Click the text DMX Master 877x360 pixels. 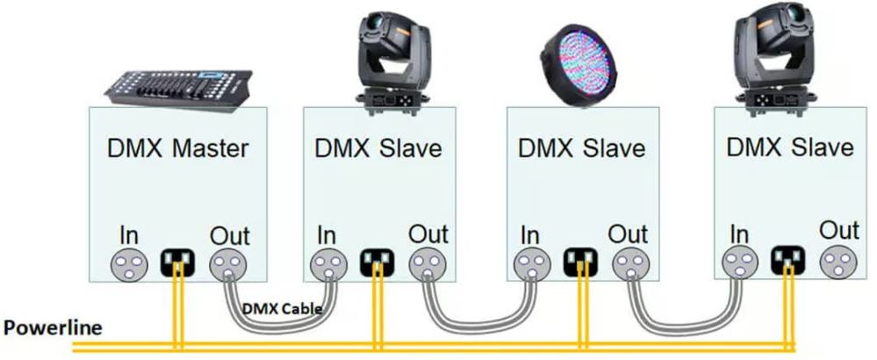pyautogui.click(x=178, y=148)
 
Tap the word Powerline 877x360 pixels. pyautogui.click(x=53, y=328)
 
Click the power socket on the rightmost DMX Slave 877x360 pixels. pyautogui.click(x=787, y=260)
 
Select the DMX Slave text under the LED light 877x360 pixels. pyautogui.click(x=581, y=147)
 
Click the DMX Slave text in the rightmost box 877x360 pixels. pyautogui.click(x=790, y=147)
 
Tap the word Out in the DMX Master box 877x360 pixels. pyautogui.click(x=229, y=234)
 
